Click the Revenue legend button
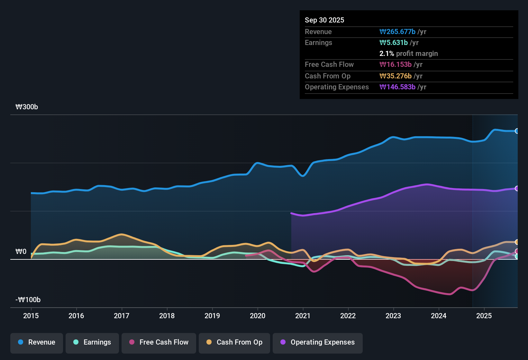coord(37,342)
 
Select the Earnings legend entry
coord(92,342)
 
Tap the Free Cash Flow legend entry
coord(159,342)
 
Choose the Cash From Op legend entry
coord(234,342)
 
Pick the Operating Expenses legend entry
coord(318,342)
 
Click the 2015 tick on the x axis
coord(31,316)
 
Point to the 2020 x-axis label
coord(258,316)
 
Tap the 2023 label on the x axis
coord(393,316)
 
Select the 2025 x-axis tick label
coord(484,316)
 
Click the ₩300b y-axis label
coord(27,107)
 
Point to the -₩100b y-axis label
coord(28,300)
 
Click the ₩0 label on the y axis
coord(21,252)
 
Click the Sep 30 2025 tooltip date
coord(324,20)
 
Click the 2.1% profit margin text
coord(408,53)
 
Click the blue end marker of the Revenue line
coord(517,131)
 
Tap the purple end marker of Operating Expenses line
coord(517,188)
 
